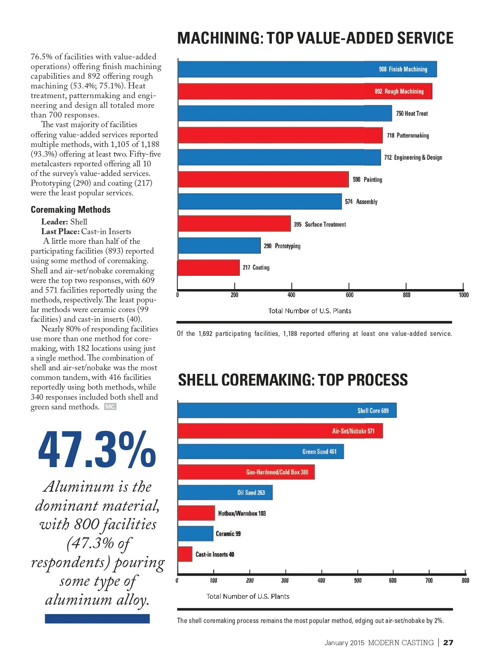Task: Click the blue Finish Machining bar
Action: [x=307, y=69]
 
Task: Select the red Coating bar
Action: [x=209, y=268]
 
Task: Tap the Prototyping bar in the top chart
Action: [x=219, y=245]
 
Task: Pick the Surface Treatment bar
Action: [x=234, y=224]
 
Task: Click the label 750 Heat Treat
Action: [x=412, y=113]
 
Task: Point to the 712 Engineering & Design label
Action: [x=413, y=157]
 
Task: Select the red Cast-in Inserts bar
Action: [x=185, y=554]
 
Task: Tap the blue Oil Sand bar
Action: [x=225, y=493]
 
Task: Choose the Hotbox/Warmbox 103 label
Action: [x=242, y=514]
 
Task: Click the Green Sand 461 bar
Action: [x=261, y=451]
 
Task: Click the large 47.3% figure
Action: [x=97, y=449]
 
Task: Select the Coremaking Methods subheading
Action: [x=71, y=210]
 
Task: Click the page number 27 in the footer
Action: [x=448, y=642]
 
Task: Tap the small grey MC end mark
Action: [x=110, y=407]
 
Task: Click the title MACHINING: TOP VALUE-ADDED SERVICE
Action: [x=315, y=38]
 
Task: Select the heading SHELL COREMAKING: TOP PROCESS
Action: [x=293, y=380]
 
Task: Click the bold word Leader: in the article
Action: [x=54, y=222]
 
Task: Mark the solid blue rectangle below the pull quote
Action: [x=97, y=619]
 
